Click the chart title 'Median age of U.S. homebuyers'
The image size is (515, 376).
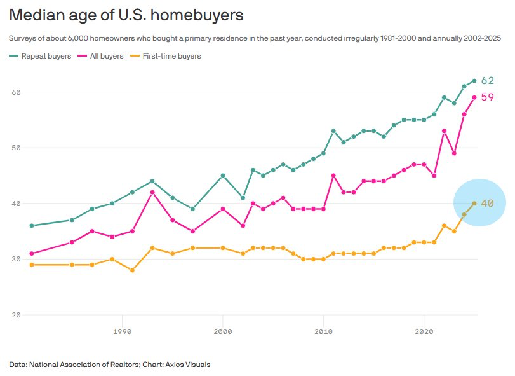126,15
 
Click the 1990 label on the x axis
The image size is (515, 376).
122,331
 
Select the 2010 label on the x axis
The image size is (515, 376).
324,331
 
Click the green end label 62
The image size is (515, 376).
488,81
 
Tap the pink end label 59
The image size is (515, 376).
488,97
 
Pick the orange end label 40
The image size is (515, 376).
488,204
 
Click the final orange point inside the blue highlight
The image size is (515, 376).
474,204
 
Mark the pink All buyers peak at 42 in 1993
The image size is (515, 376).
152,192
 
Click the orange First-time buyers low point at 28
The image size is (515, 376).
132,270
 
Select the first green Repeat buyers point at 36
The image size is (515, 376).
32,226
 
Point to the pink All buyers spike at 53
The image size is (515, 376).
444,131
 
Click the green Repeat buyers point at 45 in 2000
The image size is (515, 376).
223,176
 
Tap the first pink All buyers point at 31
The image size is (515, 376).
32,254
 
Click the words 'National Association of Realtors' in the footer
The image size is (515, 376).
84,365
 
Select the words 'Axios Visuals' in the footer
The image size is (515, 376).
189,365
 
